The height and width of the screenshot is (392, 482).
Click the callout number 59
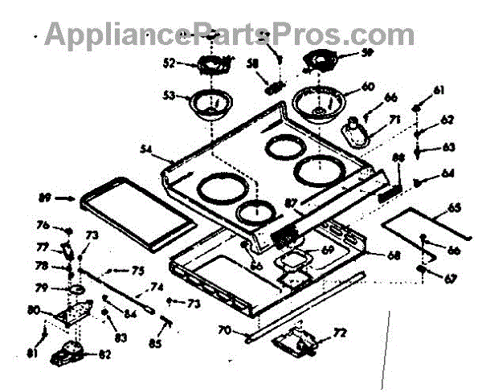[367, 55]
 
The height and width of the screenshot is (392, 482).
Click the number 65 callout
[453, 209]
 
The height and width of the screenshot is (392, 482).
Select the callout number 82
[104, 353]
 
